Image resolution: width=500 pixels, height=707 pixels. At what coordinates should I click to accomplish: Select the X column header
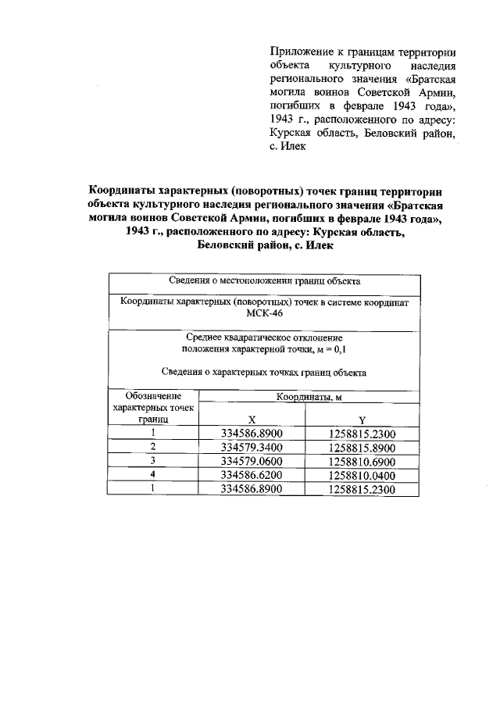point(251,419)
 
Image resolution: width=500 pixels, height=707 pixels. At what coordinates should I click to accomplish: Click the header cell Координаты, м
point(308,398)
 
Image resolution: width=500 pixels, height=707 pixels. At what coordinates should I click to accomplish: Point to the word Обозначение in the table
point(153,397)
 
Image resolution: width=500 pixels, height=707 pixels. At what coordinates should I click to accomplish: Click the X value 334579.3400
point(251,447)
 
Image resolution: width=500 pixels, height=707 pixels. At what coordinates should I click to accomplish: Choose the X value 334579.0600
point(251,461)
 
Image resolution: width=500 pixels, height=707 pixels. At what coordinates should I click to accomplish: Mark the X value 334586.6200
point(251,475)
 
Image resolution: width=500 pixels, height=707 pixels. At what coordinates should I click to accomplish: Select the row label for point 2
point(153,446)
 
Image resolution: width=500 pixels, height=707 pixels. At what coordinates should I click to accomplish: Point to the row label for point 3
point(153,460)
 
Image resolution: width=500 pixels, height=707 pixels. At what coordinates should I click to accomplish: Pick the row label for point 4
point(153,474)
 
